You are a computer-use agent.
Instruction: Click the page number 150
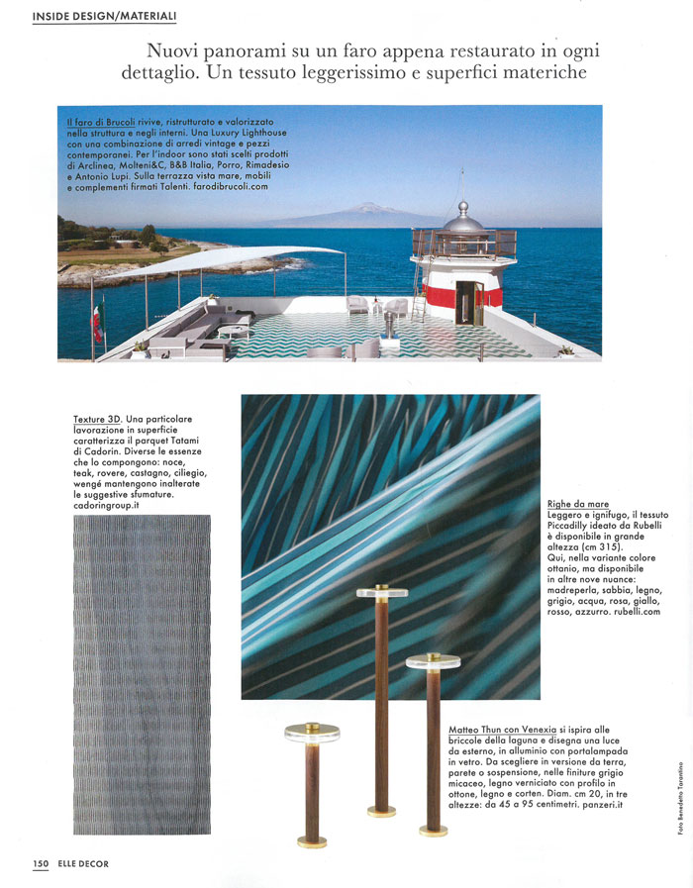(41, 863)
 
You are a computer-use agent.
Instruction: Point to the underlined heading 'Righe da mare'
(578, 505)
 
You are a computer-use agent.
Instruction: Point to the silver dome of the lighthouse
(464, 216)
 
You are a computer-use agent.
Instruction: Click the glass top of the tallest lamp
(382, 592)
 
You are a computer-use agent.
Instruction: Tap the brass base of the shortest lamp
(312, 841)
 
